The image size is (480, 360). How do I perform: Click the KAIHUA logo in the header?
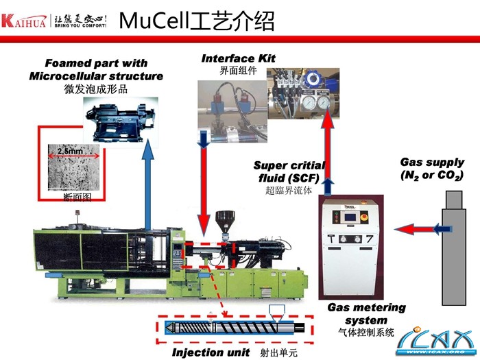click(54, 21)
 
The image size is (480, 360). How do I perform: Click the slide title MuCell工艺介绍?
click(197, 21)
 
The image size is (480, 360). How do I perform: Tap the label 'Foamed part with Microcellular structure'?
click(96, 70)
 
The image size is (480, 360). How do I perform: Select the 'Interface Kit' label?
click(238, 58)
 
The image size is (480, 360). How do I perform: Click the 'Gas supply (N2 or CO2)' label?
click(432, 169)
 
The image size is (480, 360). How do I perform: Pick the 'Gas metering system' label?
click(366, 314)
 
